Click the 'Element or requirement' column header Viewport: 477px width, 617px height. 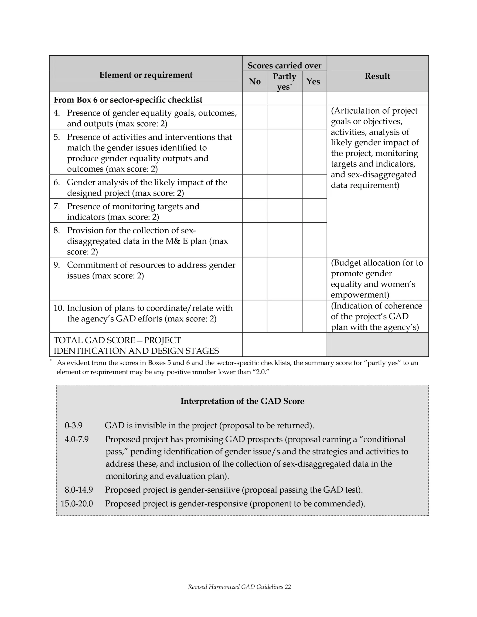146,75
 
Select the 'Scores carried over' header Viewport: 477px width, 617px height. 284,66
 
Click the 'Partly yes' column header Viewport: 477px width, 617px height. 284,81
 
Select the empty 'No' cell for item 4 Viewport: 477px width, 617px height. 255,117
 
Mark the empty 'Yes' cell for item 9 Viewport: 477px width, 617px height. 314,278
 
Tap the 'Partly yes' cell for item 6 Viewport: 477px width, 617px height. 284,186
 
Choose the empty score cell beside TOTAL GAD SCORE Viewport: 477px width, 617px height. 284,344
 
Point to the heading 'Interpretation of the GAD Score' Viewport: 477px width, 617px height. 242,401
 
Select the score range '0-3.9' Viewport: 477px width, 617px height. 73,425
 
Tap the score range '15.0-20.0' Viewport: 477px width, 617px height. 77,503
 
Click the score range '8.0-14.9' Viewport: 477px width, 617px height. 78,490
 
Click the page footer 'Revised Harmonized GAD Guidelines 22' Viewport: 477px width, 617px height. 239,587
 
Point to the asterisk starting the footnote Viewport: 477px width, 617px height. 51,360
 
